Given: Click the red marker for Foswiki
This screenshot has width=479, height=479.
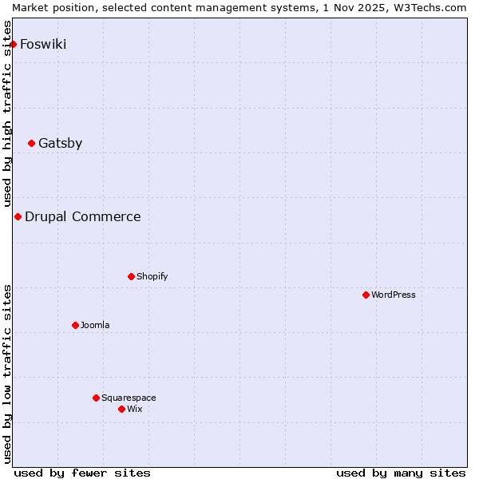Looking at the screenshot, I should [x=13, y=44].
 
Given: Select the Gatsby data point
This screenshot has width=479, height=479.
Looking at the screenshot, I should [x=31, y=144].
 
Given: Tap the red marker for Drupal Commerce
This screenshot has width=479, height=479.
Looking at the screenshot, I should [x=18, y=217].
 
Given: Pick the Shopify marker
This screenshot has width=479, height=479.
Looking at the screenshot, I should [x=131, y=277].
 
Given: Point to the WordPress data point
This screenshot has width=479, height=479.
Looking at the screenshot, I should [x=366, y=295].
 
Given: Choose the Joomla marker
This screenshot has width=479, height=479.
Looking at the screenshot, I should [x=75, y=326].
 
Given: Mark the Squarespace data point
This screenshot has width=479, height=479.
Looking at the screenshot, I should [x=96, y=398].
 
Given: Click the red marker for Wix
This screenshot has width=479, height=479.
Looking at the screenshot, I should [x=121, y=410].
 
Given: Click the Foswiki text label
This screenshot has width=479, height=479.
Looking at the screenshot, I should [x=43, y=44].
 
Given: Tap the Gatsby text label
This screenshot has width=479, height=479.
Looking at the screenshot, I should [x=60, y=144].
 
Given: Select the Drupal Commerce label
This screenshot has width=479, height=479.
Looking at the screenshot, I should [x=82, y=217].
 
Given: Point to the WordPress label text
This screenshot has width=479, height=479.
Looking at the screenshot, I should [x=394, y=295].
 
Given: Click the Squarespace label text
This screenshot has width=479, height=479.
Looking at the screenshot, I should [x=129, y=398].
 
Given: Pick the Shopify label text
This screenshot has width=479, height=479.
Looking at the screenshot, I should [x=152, y=277].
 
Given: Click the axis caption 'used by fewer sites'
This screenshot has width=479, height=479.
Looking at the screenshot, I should [x=82, y=473].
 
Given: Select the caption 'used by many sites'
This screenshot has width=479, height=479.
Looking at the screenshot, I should [x=401, y=473].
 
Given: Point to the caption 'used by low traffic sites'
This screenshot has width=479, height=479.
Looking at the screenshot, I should [x=7, y=374].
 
